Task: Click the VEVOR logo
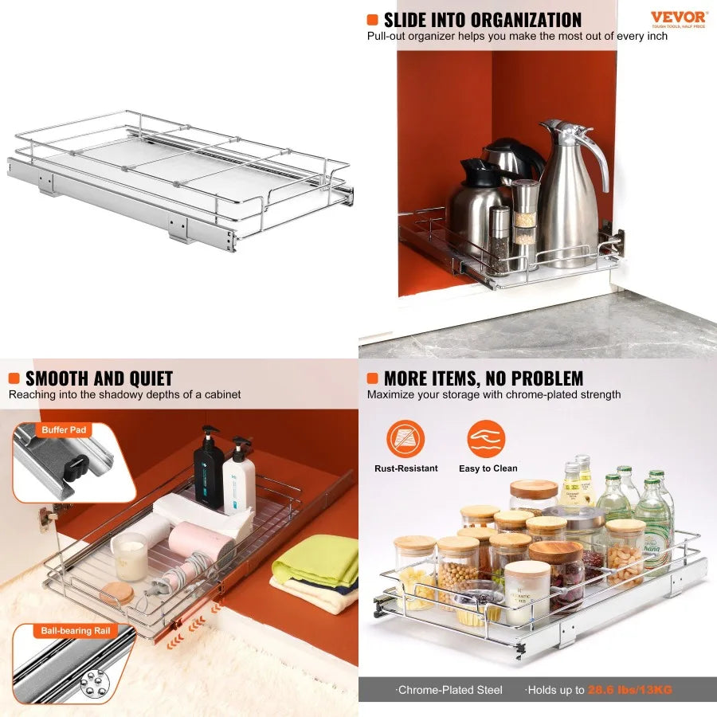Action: click(679, 18)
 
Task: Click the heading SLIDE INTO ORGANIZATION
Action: click(483, 20)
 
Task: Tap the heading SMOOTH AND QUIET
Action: click(99, 378)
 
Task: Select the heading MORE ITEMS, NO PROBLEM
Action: click(484, 378)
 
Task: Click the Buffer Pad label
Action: click(63, 430)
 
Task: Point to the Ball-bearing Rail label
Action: click(75, 631)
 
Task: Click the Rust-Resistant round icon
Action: click(406, 439)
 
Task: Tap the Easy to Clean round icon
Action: click(487, 439)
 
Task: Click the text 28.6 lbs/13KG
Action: click(629, 690)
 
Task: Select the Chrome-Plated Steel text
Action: click(450, 690)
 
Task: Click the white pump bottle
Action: click(239, 477)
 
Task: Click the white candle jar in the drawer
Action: click(130, 556)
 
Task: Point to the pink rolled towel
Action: click(201, 541)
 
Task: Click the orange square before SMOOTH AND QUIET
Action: click(14, 378)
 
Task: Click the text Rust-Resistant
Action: click(406, 468)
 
